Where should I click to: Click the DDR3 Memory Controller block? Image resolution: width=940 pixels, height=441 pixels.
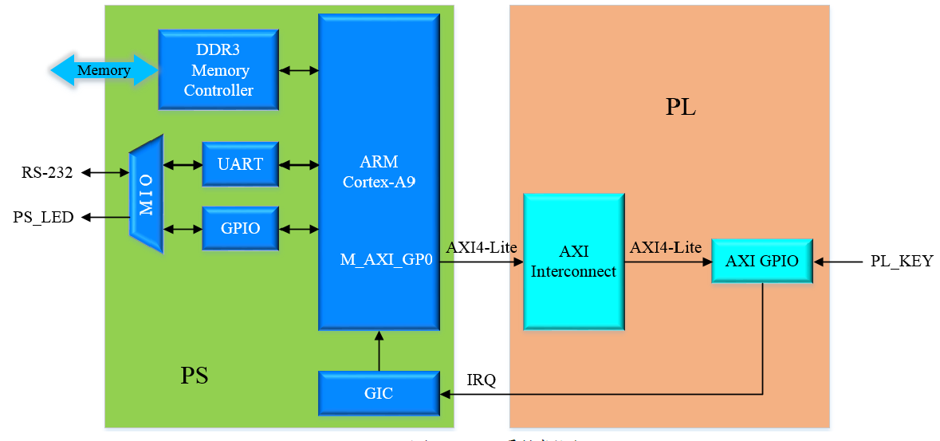(218, 70)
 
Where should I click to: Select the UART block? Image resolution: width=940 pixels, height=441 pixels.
(240, 164)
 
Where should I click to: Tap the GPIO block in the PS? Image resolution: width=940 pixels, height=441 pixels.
(240, 228)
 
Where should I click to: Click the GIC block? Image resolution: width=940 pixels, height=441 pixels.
(378, 393)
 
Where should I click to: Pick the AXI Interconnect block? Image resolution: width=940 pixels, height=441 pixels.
(573, 262)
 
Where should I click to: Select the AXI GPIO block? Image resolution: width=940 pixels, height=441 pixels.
(761, 261)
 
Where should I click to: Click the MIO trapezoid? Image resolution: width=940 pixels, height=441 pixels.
(147, 194)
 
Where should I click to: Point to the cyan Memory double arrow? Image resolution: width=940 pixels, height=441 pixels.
(104, 70)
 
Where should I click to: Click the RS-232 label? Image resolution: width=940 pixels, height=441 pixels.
(47, 171)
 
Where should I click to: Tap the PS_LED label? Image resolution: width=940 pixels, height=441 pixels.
(43, 217)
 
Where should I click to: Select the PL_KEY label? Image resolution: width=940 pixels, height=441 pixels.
(902, 261)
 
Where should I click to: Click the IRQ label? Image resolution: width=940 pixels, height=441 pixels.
(482, 380)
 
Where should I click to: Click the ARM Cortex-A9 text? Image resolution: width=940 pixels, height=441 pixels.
(379, 171)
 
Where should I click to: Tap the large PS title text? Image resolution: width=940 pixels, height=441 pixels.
(195, 375)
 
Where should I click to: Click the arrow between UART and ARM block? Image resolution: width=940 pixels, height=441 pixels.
(299, 165)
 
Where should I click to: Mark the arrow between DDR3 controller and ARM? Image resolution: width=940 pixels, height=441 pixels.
(299, 70)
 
